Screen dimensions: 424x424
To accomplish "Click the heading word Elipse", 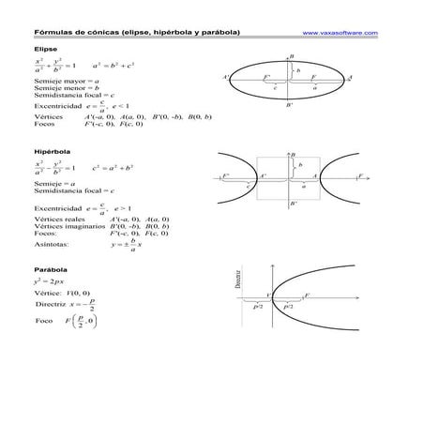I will (x=45, y=48).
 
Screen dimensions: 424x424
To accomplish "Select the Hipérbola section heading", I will (x=51, y=150).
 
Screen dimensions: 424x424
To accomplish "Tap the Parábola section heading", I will (x=50, y=269).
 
